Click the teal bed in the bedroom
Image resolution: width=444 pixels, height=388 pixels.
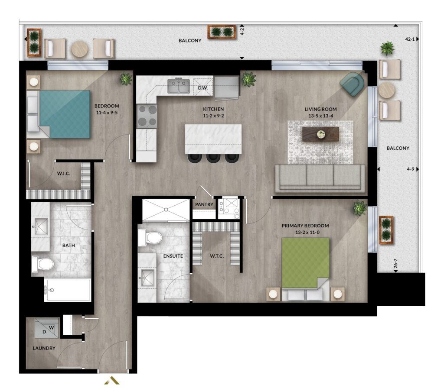59,114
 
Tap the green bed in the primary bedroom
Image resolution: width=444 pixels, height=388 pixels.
306,269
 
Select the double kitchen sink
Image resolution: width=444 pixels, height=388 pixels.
178,86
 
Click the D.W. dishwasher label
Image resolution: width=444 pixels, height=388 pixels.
203,88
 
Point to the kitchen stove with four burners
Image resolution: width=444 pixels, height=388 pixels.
147,116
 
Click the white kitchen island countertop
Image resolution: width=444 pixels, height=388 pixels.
213,139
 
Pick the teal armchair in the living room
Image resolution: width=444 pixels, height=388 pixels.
352,84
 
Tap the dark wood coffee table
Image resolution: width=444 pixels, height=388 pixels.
320,134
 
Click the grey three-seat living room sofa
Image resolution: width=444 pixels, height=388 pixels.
320,178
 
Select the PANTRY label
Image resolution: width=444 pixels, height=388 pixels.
204,204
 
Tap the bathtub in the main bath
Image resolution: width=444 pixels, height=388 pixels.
68,290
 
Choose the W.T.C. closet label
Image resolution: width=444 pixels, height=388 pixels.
217,256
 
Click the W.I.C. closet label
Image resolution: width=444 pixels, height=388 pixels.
63,173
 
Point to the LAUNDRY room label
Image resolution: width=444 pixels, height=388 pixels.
44,348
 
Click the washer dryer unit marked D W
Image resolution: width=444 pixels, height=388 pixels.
47,329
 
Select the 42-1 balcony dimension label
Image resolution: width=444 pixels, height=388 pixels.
410,39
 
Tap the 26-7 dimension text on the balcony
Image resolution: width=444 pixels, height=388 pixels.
395,264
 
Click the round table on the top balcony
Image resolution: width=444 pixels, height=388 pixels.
80,49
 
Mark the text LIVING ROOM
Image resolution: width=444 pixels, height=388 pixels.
320,109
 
